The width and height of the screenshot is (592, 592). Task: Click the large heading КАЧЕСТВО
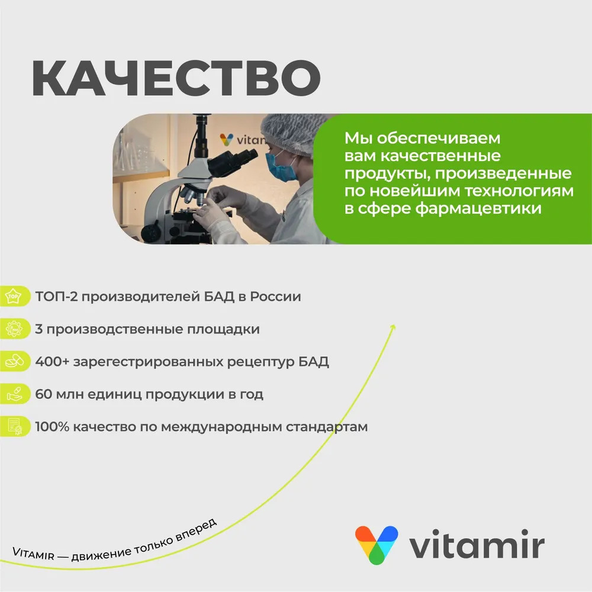click(176, 78)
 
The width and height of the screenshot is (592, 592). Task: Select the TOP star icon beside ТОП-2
click(14, 296)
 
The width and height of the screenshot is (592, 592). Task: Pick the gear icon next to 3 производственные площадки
click(14, 329)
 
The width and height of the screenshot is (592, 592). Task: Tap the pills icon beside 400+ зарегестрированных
click(14, 361)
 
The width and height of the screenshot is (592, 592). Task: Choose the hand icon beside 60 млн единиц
click(14, 394)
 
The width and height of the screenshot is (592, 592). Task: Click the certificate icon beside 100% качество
click(14, 427)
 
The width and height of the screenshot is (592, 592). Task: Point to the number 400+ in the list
click(52, 362)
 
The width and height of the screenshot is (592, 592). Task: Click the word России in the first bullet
click(276, 297)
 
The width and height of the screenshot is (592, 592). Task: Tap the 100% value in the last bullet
click(52, 427)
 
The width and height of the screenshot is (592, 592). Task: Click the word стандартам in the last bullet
click(327, 427)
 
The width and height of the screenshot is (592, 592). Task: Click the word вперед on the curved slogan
click(197, 530)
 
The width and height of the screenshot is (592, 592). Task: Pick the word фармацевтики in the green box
click(478, 209)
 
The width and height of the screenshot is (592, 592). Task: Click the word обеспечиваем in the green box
click(438, 139)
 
